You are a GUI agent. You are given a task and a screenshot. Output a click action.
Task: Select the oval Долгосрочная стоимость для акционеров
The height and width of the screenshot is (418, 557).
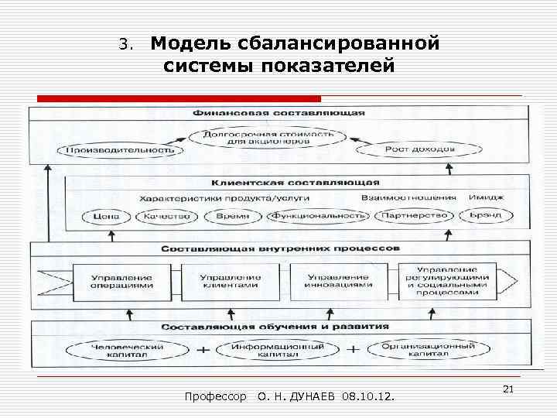point(269,138)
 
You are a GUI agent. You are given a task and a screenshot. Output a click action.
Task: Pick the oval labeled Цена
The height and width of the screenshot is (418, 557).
point(104,216)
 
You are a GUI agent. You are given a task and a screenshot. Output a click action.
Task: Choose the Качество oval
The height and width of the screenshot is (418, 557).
point(167,216)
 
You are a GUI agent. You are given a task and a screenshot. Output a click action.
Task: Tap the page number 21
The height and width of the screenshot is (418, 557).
point(508,387)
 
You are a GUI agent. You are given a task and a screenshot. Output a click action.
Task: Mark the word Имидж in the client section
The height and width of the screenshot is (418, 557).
point(486,197)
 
